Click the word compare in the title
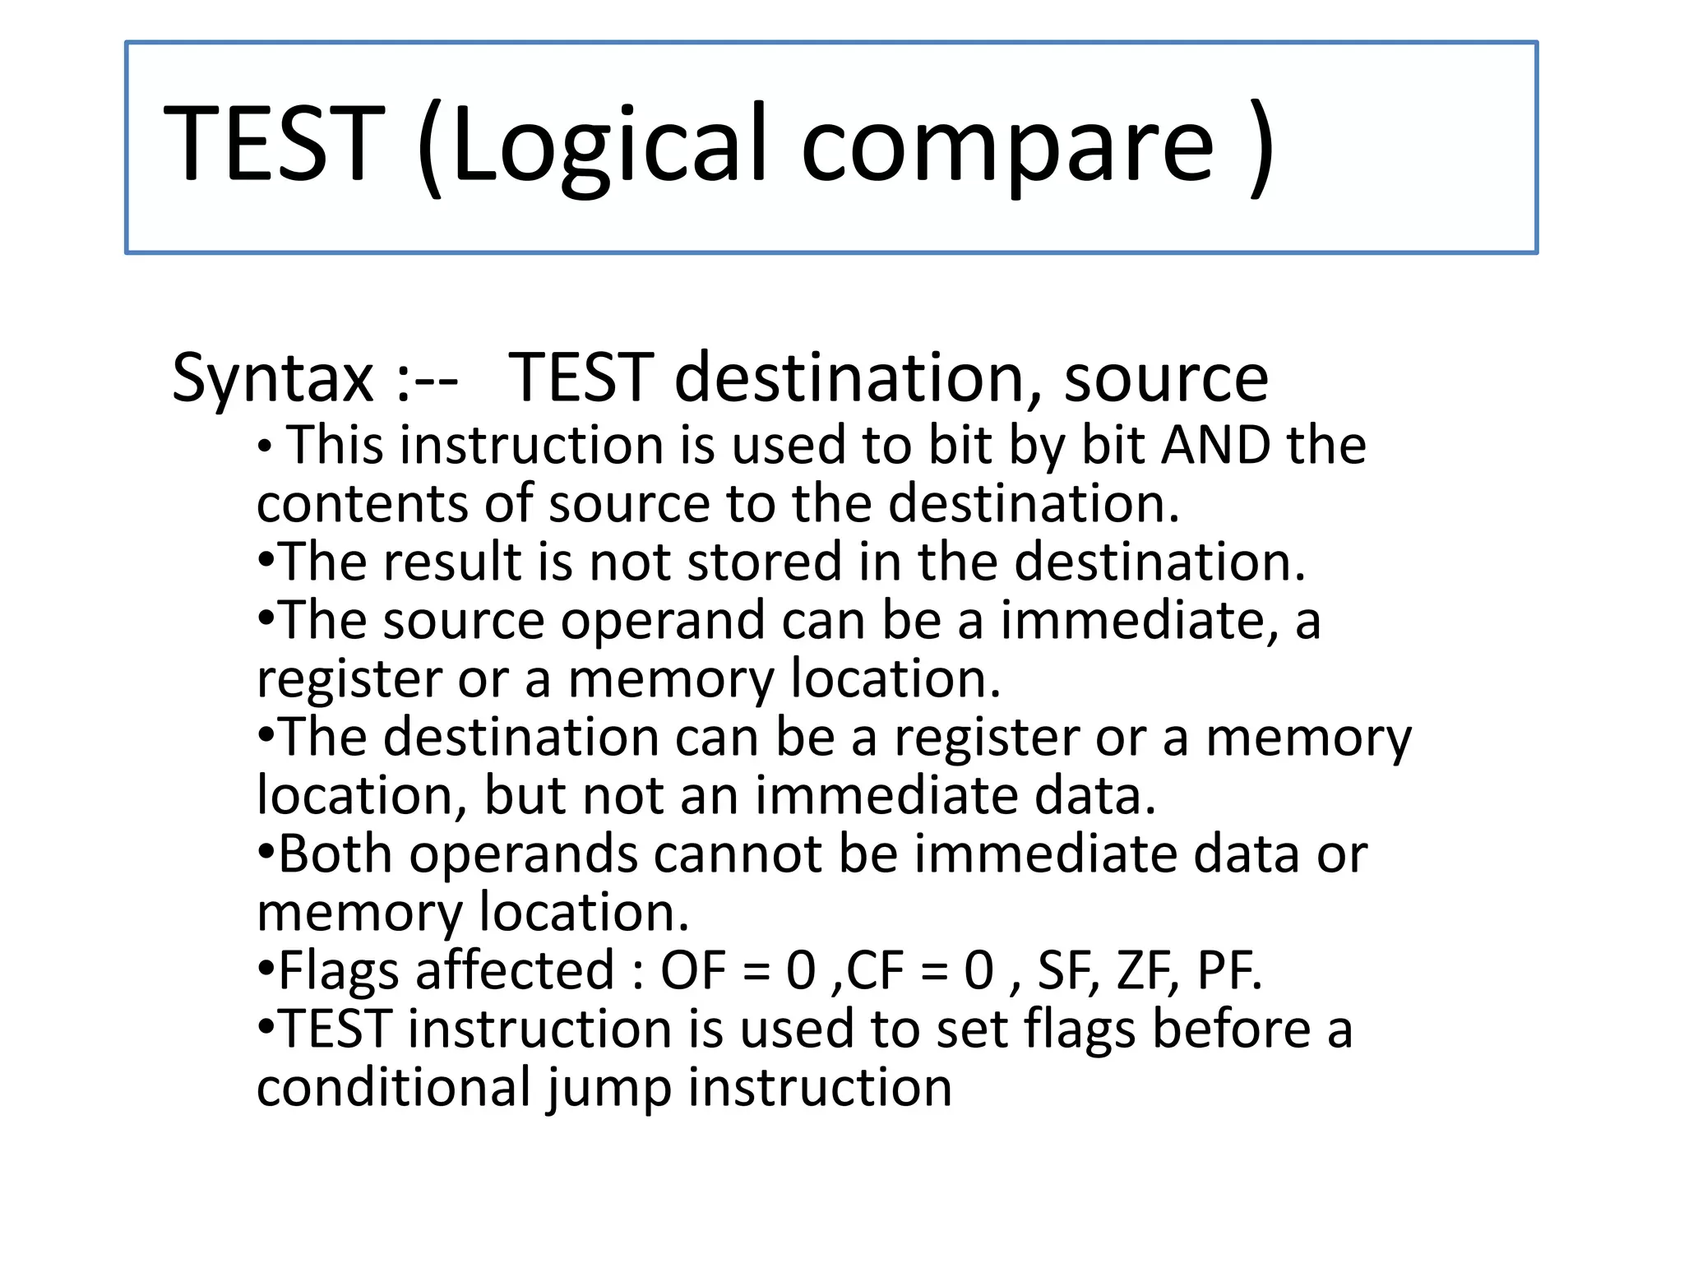(x=1006, y=146)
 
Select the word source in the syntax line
(x=1165, y=379)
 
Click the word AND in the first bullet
(x=1215, y=446)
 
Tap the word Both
(x=335, y=854)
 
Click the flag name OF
(x=692, y=971)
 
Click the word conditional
(x=394, y=1088)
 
